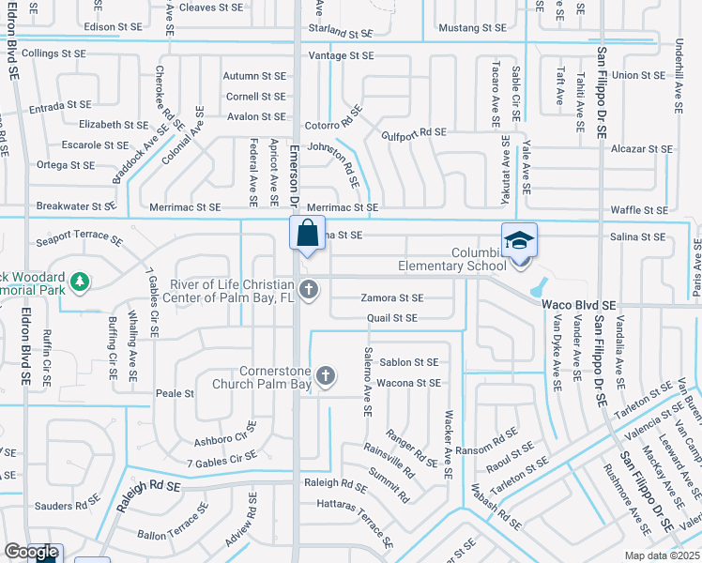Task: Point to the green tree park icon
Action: [81, 281]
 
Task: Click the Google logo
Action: [31, 553]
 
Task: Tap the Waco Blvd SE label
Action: [578, 306]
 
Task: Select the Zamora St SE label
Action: [392, 298]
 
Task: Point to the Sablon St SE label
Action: [408, 362]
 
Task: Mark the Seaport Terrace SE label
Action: [79, 240]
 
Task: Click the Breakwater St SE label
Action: [76, 206]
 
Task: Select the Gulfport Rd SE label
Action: [414, 133]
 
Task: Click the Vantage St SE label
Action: [342, 56]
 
